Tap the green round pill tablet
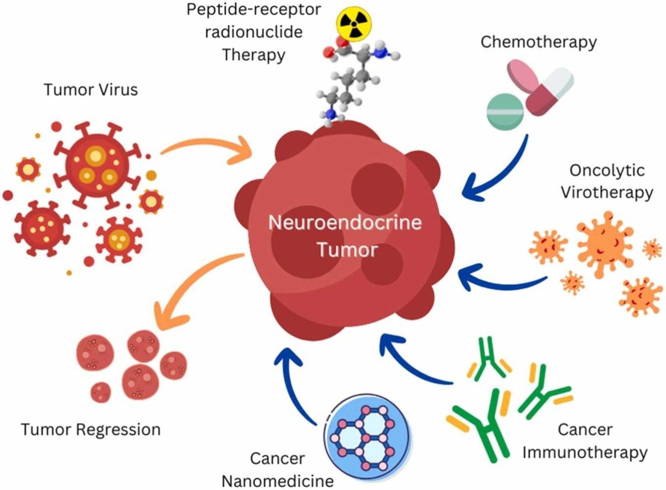pyautogui.click(x=504, y=110)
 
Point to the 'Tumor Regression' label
pyautogui.click(x=91, y=429)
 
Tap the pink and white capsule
pyautogui.click(x=548, y=91)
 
